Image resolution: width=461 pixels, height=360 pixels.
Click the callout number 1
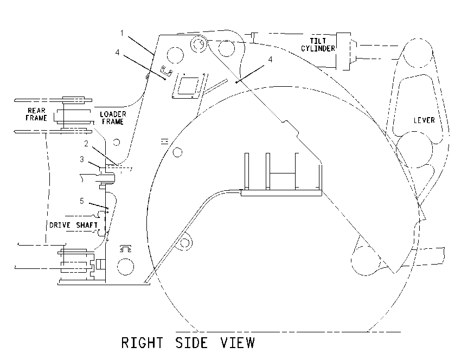122,33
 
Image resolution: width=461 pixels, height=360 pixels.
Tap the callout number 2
86,144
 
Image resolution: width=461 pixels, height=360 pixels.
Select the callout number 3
82,159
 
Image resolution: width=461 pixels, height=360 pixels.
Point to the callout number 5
82,201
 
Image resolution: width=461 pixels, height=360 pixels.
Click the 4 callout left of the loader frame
118,52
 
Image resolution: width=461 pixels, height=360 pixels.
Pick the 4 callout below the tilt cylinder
270,59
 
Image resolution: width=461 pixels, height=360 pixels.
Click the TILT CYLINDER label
318,44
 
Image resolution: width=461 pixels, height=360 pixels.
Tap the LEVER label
424,120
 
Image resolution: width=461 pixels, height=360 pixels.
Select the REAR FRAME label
36,114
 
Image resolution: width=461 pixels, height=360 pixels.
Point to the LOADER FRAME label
113,118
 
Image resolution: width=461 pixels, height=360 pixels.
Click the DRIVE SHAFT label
73,225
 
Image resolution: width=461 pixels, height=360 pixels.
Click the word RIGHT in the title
142,343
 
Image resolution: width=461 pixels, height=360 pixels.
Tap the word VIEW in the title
238,343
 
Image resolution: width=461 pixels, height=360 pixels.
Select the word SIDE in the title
191,343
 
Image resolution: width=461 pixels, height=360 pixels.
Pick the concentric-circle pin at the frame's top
199,44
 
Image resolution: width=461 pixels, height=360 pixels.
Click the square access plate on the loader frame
189,86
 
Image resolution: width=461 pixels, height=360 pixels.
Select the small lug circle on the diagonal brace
184,243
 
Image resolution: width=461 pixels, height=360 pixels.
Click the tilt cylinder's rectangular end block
343,52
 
